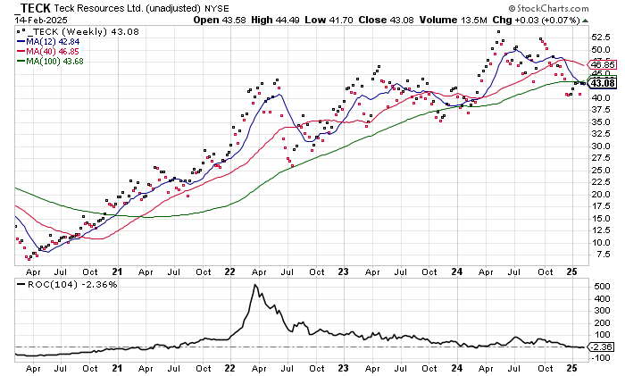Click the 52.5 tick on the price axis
[602, 38]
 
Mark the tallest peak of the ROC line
[255, 286]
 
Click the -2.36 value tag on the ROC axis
[604, 347]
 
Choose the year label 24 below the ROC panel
[455, 367]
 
